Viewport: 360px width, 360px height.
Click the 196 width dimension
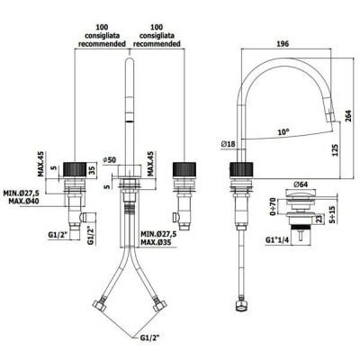point(283,44)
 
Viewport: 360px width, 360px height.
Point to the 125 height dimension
point(335,150)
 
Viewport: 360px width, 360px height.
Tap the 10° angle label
point(283,131)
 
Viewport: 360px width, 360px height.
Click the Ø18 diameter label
point(229,144)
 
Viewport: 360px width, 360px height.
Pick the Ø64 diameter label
point(301,184)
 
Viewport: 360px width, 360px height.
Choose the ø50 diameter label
point(110,160)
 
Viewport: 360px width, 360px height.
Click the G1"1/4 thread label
point(276,240)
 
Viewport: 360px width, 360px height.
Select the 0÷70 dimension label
point(273,207)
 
